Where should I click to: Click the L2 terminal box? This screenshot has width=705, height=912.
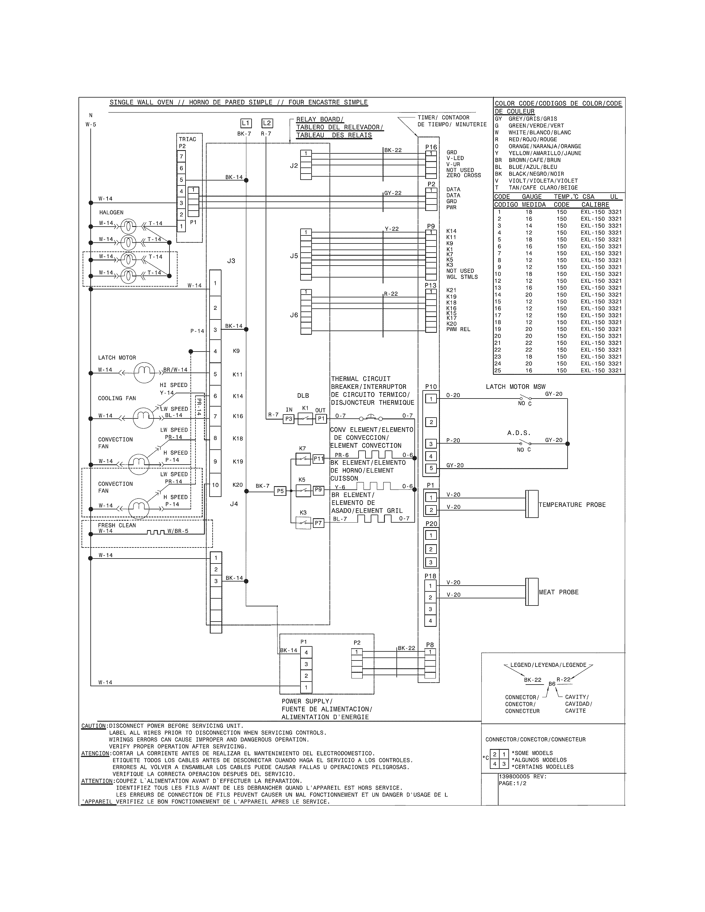(x=267, y=123)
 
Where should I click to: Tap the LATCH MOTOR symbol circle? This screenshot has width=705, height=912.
(x=144, y=373)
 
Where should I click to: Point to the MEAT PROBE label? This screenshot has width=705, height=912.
(x=558, y=592)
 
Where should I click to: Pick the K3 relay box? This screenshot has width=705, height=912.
(x=303, y=523)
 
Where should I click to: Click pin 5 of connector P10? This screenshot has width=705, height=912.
(x=431, y=468)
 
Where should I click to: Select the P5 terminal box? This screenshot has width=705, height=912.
(x=280, y=491)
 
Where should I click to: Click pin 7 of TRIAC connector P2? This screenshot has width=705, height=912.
(x=181, y=157)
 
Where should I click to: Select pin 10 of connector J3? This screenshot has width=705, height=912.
(x=215, y=485)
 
